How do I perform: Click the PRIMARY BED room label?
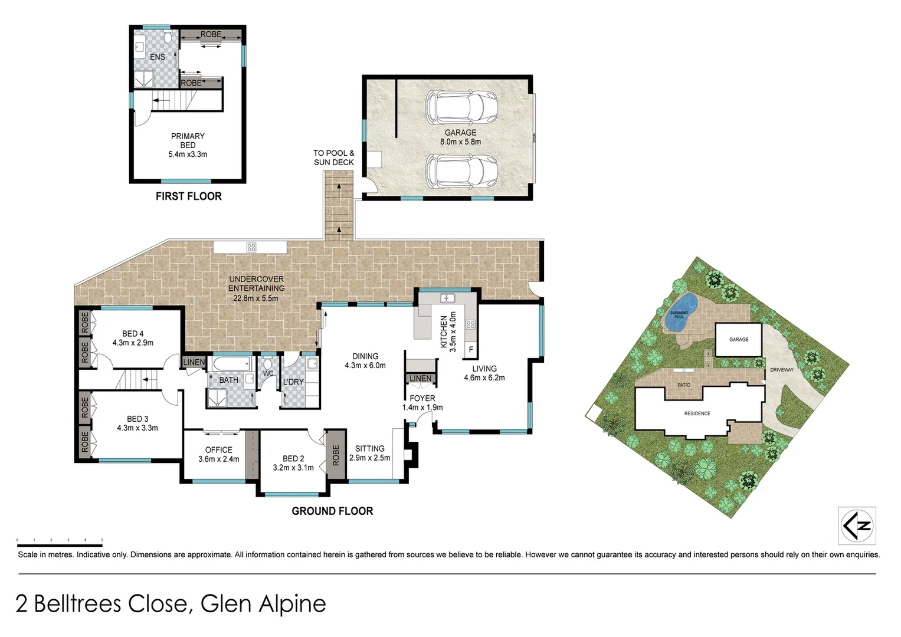[x=188, y=145]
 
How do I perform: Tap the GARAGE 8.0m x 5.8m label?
[x=460, y=137]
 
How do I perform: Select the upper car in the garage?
[x=461, y=107]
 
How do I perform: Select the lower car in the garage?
[x=461, y=171]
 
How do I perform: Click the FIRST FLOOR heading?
[x=188, y=196]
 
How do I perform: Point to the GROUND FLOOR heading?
[x=332, y=511]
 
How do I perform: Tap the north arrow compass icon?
[x=857, y=526]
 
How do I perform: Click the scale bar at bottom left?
[x=60, y=540]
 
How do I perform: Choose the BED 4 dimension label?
[x=133, y=343]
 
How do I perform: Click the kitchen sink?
[x=446, y=297]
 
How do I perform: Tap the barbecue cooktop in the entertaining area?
[x=251, y=247]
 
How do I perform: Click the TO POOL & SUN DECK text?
[x=334, y=157]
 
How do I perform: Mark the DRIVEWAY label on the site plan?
[x=781, y=370]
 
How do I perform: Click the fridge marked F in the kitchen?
[x=471, y=349]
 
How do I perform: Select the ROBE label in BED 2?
[x=336, y=455]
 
